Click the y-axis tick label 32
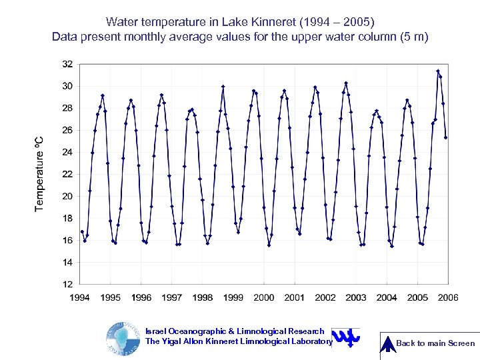(x=67, y=64)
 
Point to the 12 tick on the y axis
(x=67, y=285)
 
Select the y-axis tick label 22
(x=67, y=174)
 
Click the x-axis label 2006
(x=448, y=298)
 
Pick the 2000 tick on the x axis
(x=264, y=298)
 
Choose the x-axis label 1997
(x=172, y=298)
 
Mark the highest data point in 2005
(x=438, y=71)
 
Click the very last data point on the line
(x=445, y=137)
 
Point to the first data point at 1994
(x=82, y=231)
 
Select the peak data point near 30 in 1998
(x=223, y=86)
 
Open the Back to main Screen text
(x=435, y=343)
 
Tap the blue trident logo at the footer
(x=345, y=337)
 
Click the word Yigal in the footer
(x=177, y=341)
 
